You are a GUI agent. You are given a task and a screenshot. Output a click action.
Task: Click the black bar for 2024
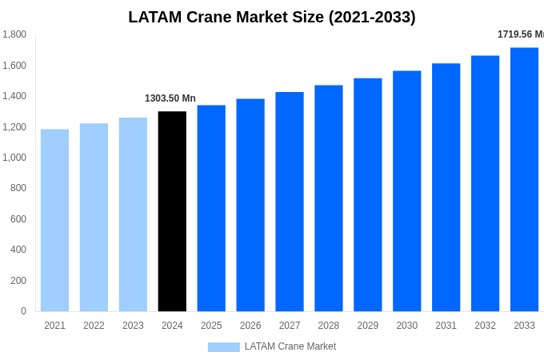point(172,211)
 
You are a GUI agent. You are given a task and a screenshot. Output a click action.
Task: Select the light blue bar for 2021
point(54,220)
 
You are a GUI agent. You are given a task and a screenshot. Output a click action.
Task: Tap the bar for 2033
point(524,179)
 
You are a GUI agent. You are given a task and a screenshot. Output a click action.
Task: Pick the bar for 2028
point(328,198)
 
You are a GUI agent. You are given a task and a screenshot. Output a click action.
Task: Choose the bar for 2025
point(211,208)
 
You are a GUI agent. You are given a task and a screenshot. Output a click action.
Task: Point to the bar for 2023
point(133,214)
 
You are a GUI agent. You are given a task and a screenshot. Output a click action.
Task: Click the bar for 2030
point(406,191)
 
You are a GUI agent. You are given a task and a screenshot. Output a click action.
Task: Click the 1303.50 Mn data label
point(170,98)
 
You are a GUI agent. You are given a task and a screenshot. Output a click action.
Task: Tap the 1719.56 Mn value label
point(520,34)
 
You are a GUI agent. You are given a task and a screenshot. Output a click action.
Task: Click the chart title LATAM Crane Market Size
point(272,17)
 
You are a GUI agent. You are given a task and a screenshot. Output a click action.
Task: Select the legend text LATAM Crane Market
point(290,346)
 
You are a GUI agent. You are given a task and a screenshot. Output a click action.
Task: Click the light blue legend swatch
point(223,347)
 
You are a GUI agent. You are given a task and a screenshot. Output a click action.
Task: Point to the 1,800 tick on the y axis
point(14,34)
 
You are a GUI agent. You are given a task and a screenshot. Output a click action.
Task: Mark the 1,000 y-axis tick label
point(14,158)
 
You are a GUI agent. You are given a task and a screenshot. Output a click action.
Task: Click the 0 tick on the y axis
point(23,311)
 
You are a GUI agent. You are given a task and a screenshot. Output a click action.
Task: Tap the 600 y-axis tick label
point(18,219)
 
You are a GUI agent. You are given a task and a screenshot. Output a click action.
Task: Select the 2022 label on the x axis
point(94,326)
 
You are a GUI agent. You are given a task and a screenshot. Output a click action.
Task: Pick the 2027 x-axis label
point(290,326)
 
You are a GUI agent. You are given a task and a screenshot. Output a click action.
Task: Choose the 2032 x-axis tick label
point(485,326)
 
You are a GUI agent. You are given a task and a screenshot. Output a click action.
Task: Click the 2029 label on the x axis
point(367,326)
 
